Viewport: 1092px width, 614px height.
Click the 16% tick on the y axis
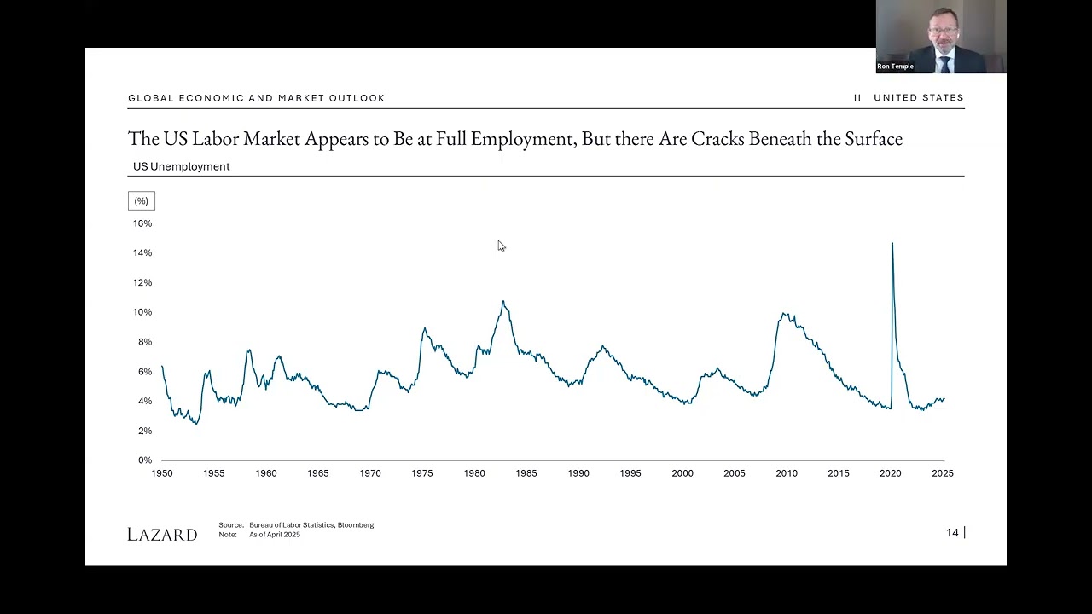click(x=142, y=223)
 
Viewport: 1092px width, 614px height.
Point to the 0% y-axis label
click(x=145, y=460)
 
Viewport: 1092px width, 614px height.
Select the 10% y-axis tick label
click(x=142, y=312)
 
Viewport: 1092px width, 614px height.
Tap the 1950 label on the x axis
click(x=162, y=473)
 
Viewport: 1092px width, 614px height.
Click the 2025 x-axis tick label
click(x=943, y=473)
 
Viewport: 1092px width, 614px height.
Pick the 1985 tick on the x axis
click(x=526, y=473)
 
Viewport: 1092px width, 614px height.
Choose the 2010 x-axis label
click(x=787, y=473)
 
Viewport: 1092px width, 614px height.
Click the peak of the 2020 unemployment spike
click(x=892, y=244)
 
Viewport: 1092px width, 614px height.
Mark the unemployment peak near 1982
click(x=503, y=301)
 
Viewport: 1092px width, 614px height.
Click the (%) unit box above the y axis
click(x=142, y=201)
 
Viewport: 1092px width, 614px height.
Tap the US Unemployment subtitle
click(x=182, y=166)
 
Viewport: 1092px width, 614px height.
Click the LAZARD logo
click(x=162, y=535)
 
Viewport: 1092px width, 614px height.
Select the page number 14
click(x=952, y=533)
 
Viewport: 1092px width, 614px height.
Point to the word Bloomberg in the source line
click(x=356, y=525)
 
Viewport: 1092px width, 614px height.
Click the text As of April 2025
click(x=275, y=535)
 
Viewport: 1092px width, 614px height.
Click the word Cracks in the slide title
click(x=718, y=139)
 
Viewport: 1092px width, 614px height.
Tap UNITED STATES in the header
click(x=919, y=98)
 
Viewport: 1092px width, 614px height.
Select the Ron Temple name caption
click(x=895, y=67)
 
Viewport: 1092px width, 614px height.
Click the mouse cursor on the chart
click(x=501, y=246)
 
